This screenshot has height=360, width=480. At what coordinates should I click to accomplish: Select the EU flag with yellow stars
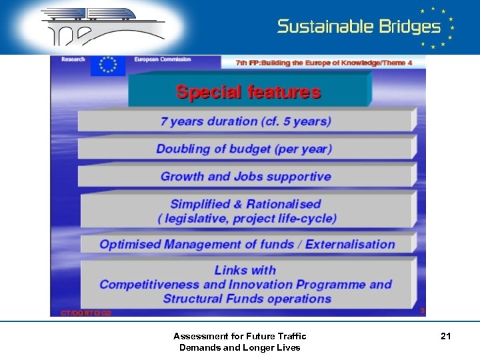107,65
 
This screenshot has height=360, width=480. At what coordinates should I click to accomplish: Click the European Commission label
163,59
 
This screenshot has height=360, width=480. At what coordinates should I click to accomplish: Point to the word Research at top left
73,59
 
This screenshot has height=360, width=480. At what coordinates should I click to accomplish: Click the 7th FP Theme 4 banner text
324,62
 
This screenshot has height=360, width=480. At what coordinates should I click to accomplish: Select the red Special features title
248,92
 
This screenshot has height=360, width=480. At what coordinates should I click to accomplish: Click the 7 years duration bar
245,121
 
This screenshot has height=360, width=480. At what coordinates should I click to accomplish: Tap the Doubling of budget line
244,149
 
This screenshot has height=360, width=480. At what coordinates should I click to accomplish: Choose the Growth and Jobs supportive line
245,177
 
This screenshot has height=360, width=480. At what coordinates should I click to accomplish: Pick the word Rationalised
283,204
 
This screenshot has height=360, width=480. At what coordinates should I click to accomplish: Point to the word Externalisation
350,244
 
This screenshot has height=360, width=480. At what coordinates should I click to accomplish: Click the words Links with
245,270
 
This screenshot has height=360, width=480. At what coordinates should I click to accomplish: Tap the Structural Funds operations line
247,299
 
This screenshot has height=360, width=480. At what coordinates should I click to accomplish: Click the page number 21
445,337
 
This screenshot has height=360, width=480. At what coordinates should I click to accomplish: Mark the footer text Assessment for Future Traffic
239,337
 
